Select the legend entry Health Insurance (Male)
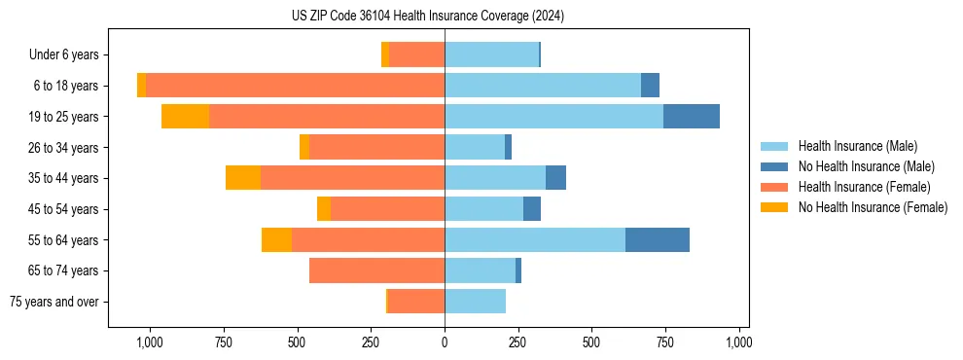pyautogui.click(x=857, y=146)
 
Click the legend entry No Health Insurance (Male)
pyautogui.click(x=866, y=166)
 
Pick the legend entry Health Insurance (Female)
pyautogui.click(x=864, y=187)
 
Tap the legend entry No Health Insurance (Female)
pyautogui.click(x=873, y=207)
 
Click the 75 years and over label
pyautogui.click(x=53, y=302)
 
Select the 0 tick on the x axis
pyautogui.click(x=445, y=342)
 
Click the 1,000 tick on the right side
pyautogui.click(x=739, y=342)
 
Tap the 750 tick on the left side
pyautogui.click(x=223, y=342)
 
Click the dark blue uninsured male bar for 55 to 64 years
pyautogui.click(x=658, y=239)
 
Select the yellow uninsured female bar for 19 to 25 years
pyautogui.click(x=185, y=117)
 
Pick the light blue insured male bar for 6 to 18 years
pyautogui.click(x=543, y=86)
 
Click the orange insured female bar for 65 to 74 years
pyautogui.click(x=376, y=270)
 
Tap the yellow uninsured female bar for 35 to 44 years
pyautogui.click(x=243, y=178)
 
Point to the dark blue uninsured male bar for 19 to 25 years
pyautogui.click(x=692, y=117)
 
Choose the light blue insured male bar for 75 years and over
pyautogui.click(x=475, y=302)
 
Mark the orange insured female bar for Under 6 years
pyautogui.click(x=416, y=54)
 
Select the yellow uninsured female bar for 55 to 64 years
pyautogui.click(x=276, y=239)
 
